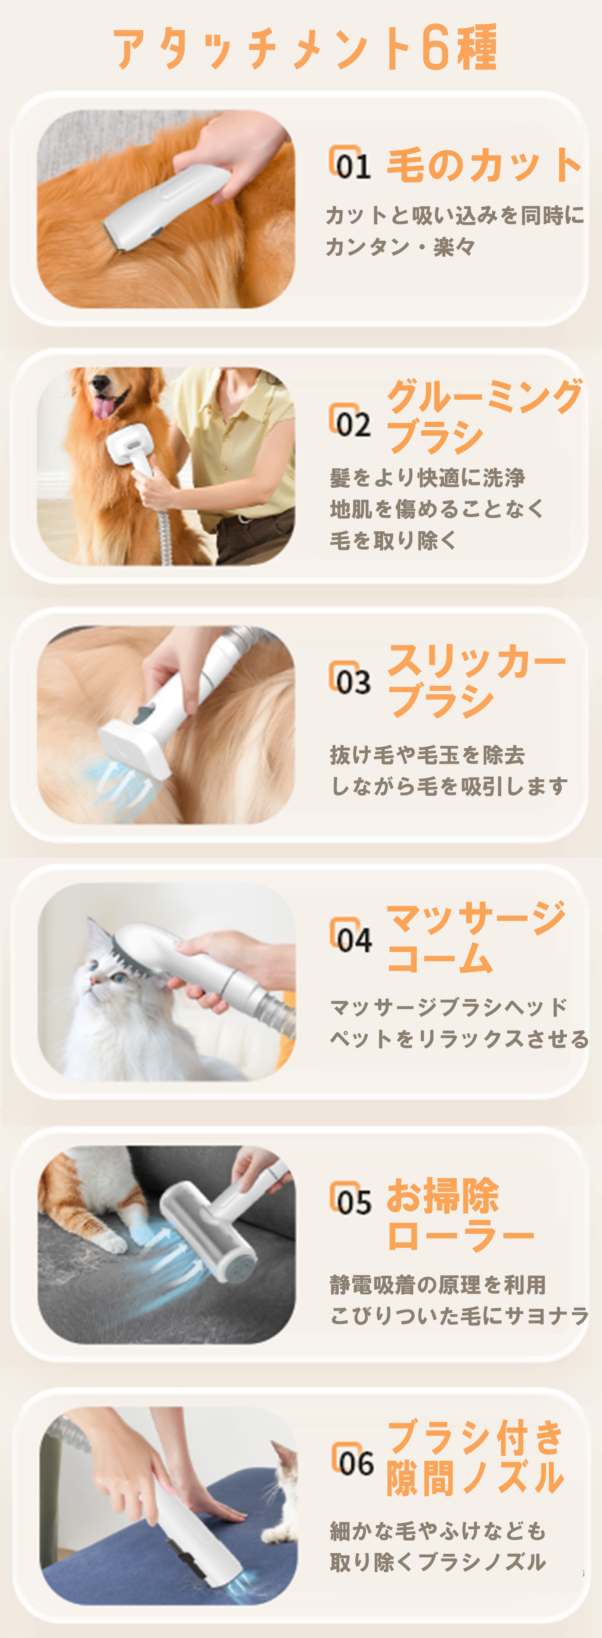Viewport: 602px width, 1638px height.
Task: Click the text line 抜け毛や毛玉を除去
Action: click(427, 755)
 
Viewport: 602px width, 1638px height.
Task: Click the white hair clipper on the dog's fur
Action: click(167, 207)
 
